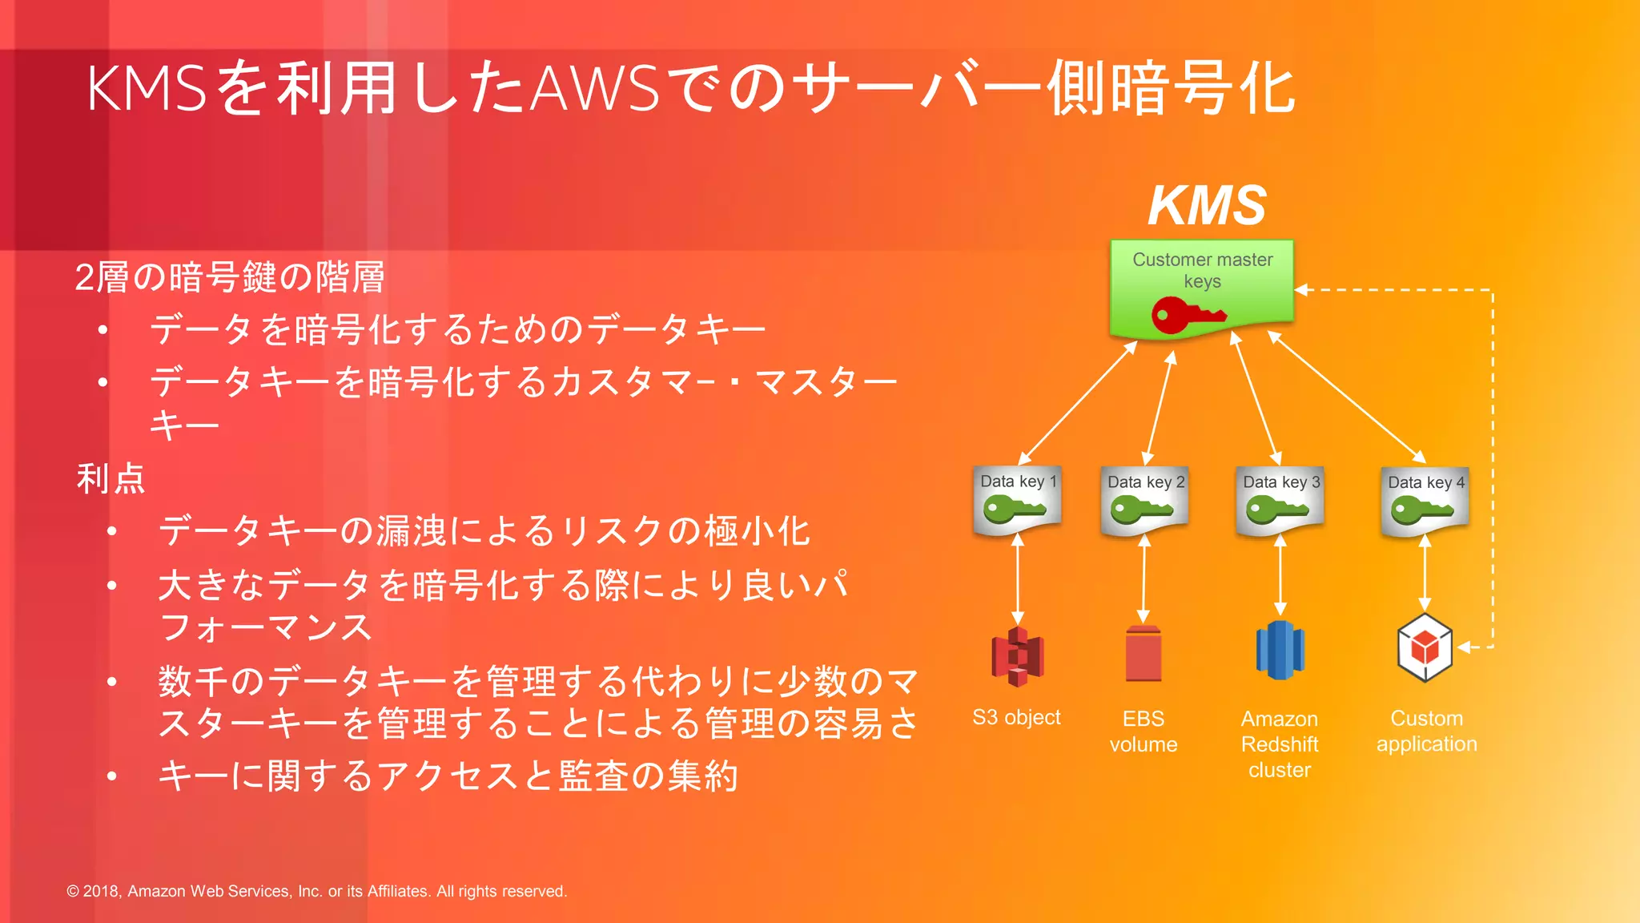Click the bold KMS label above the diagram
pyautogui.click(x=1207, y=206)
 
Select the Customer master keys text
pyautogui.click(x=1202, y=270)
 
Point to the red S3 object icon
pyautogui.click(x=1017, y=656)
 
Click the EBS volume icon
pyautogui.click(x=1144, y=654)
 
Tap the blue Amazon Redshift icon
pyautogui.click(x=1280, y=651)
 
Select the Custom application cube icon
pyautogui.click(x=1425, y=647)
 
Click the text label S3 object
pyautogui.click(x=1016, y=717)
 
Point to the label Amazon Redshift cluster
pyautogui.click(x=1280, y=744)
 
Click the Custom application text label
pyautogui.click(x=1426, y=731)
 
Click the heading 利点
pyautogui.click(x=111, y=478)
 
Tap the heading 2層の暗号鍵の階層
pyautogui.click(x=230, y=277)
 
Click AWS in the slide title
pyautogui.click(x=596, y=88)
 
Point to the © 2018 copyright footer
pyautogui.click(x=316, y=891)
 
